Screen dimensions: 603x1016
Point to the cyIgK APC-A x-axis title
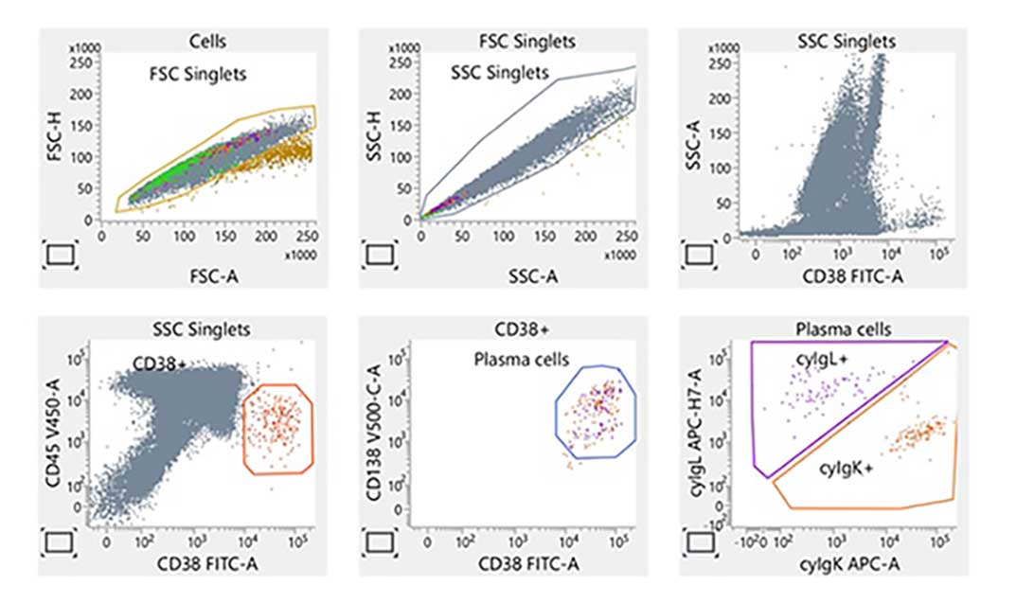835,566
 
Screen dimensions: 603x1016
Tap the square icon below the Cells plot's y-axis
59,255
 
